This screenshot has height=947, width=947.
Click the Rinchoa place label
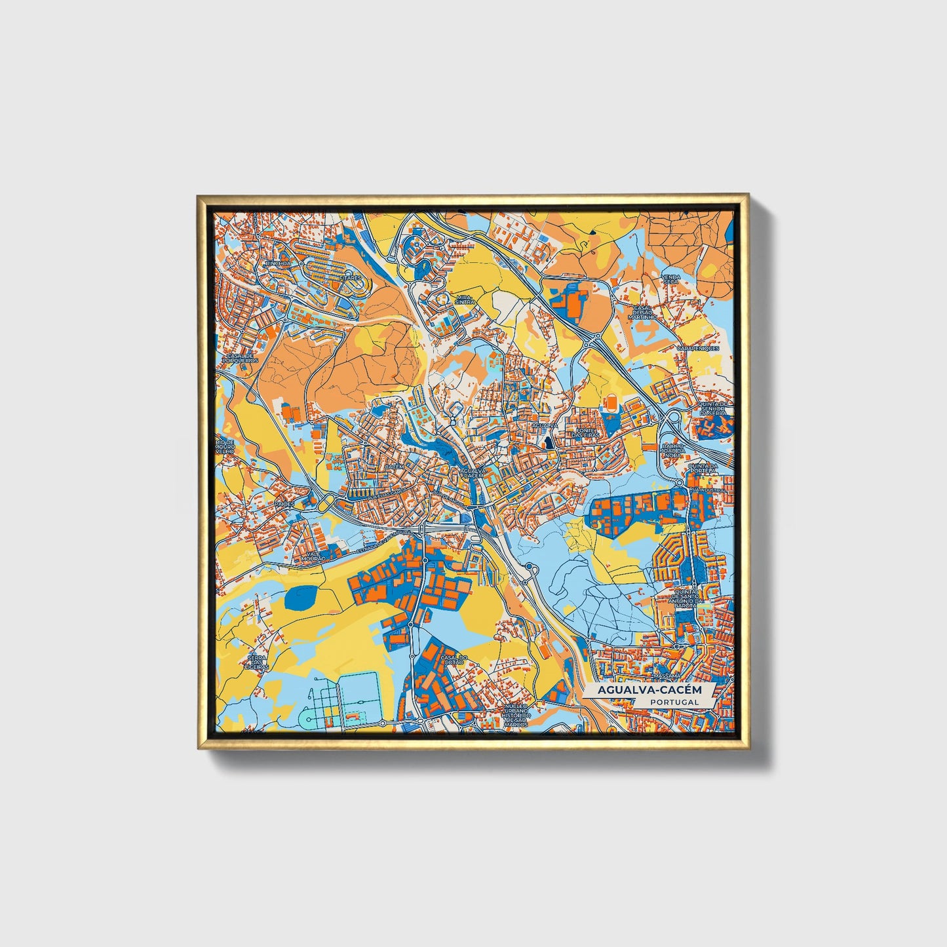pyautogui.click(x=277, y=263)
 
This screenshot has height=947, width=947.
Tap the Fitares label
pyautogui.click(x=351, y=278)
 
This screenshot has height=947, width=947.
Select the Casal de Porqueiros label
pyautogui.click(x=241, y=358)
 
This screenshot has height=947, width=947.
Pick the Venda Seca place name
pyautogui.click(x=670, y=279)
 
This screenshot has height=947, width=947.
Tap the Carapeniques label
pyautogui.click(x=698, y=348)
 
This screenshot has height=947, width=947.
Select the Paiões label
pyautogui.click(x=285, y=504)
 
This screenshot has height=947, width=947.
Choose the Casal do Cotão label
pyautogui.click(x=452, y=660)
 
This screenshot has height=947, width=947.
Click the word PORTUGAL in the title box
pyautogui.click(x=674, y=702)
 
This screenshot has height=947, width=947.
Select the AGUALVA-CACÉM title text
pyautogui.click(x=649, y=690)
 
